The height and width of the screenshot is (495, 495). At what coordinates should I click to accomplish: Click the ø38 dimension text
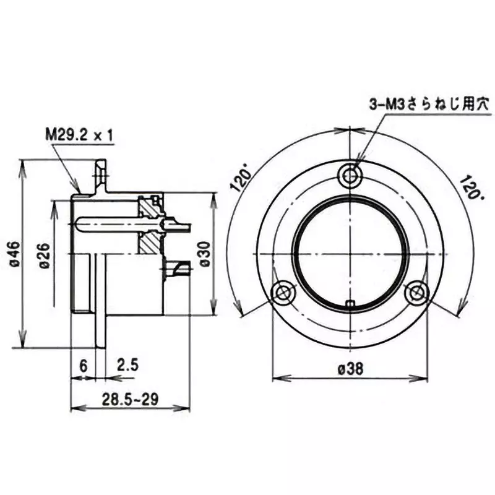(350, 368)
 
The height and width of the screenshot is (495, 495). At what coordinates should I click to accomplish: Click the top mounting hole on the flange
(351, 175)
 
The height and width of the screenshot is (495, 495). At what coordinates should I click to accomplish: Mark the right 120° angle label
(469, 185)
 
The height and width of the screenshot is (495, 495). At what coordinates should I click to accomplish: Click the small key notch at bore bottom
(351, 303)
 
